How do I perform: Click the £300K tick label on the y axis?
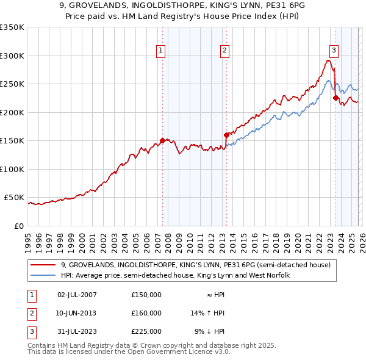tap(12, 56)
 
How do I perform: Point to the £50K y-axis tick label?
tap(14, 198)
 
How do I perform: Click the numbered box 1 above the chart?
tap(161, 51)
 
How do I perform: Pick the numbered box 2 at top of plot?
tap(225, 51)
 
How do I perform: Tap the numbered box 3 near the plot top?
tap(334, 51)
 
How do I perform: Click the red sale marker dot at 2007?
tap(162, 140)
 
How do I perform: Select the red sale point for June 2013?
tap(226, 135)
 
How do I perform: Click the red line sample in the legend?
tap(43, 265)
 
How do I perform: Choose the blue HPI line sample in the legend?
tap(43, 275)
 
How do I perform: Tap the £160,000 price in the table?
tap(146, 313)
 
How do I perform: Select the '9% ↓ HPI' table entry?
tap(209, 331)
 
